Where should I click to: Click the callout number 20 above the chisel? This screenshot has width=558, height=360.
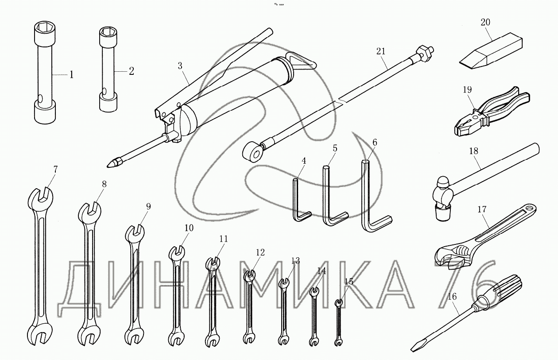pyautogui.click(x=485, y=23)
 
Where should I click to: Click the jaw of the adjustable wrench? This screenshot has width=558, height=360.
pyautogui.click(x=451, y=259)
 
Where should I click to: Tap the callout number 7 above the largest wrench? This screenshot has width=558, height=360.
pyautogui.click(x=55, y=170)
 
